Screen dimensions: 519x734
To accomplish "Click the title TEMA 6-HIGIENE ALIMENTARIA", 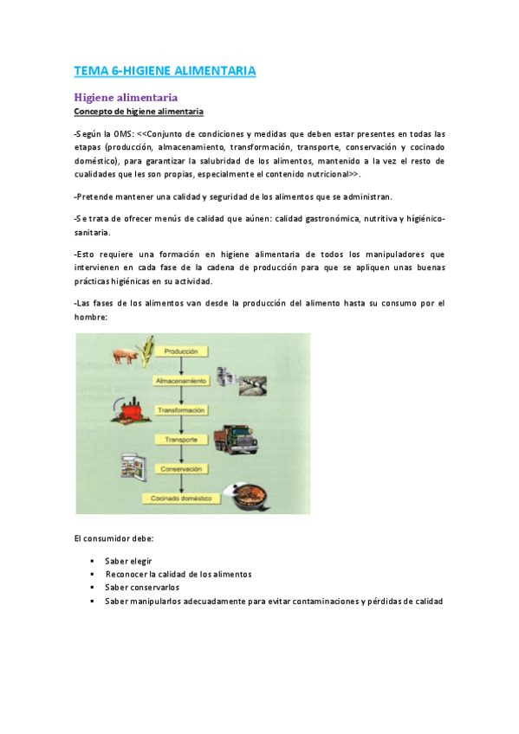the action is click(x=165, y=70).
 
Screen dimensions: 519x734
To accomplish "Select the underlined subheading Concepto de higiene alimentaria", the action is click(x=139, y=112).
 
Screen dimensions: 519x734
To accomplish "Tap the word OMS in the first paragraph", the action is click(x=122, y=134).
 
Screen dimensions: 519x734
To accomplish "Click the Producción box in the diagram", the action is click(x=182, y=351).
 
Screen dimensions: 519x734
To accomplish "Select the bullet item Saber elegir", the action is click(x=128, y=561).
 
